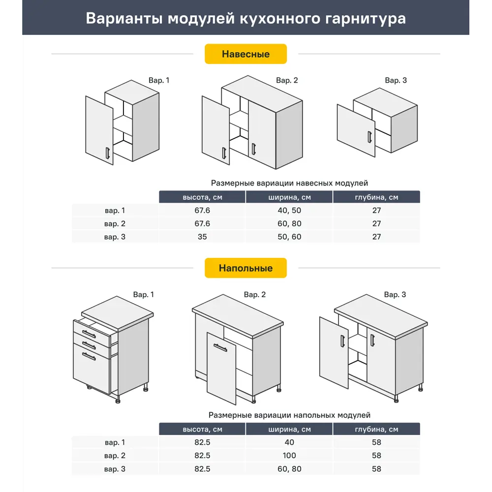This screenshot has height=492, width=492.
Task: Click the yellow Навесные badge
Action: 246,54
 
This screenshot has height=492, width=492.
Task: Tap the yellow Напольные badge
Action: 246,268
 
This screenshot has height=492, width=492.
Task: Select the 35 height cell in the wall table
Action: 202,237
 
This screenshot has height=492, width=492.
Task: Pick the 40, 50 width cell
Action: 289,211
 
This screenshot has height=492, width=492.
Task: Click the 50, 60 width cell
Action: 289,237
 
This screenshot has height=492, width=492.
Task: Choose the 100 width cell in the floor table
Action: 289,456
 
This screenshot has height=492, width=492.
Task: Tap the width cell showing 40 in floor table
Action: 289,442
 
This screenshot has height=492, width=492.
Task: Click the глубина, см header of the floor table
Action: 376,429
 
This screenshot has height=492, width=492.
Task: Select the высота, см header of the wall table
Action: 202,197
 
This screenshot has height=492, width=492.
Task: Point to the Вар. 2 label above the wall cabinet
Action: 287,80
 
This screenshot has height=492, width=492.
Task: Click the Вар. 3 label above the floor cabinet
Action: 395,295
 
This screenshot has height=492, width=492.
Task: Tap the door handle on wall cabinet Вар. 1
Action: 106,153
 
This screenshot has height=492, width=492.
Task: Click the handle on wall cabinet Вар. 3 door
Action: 369,137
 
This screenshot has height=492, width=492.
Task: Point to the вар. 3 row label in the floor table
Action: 115,469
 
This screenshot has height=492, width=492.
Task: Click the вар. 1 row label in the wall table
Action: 115,211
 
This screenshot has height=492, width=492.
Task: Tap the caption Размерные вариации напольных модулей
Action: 289,415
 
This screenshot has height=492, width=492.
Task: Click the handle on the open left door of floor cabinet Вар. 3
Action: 342,342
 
